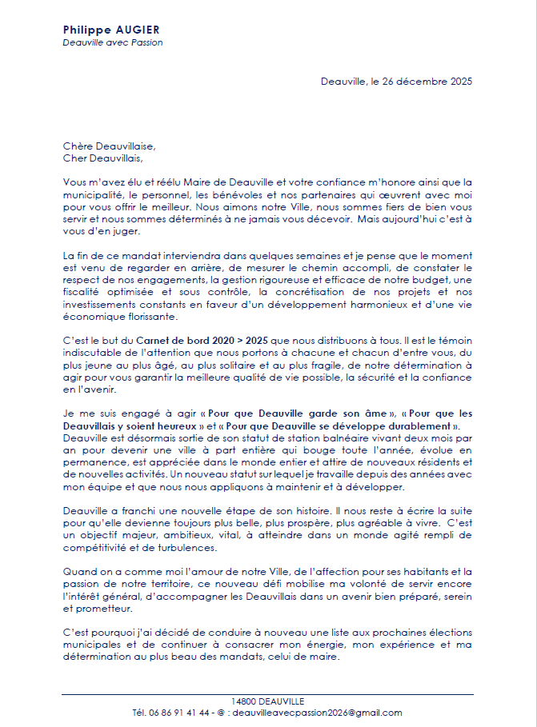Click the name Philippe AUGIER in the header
tap(110, 30)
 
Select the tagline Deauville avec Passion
tap(112, 42)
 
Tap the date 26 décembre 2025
tap(431, 81)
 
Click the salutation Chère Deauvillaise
tap(109, 146)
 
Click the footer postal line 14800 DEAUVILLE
tap(267, 701)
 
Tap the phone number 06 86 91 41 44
tap(184, 713)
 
